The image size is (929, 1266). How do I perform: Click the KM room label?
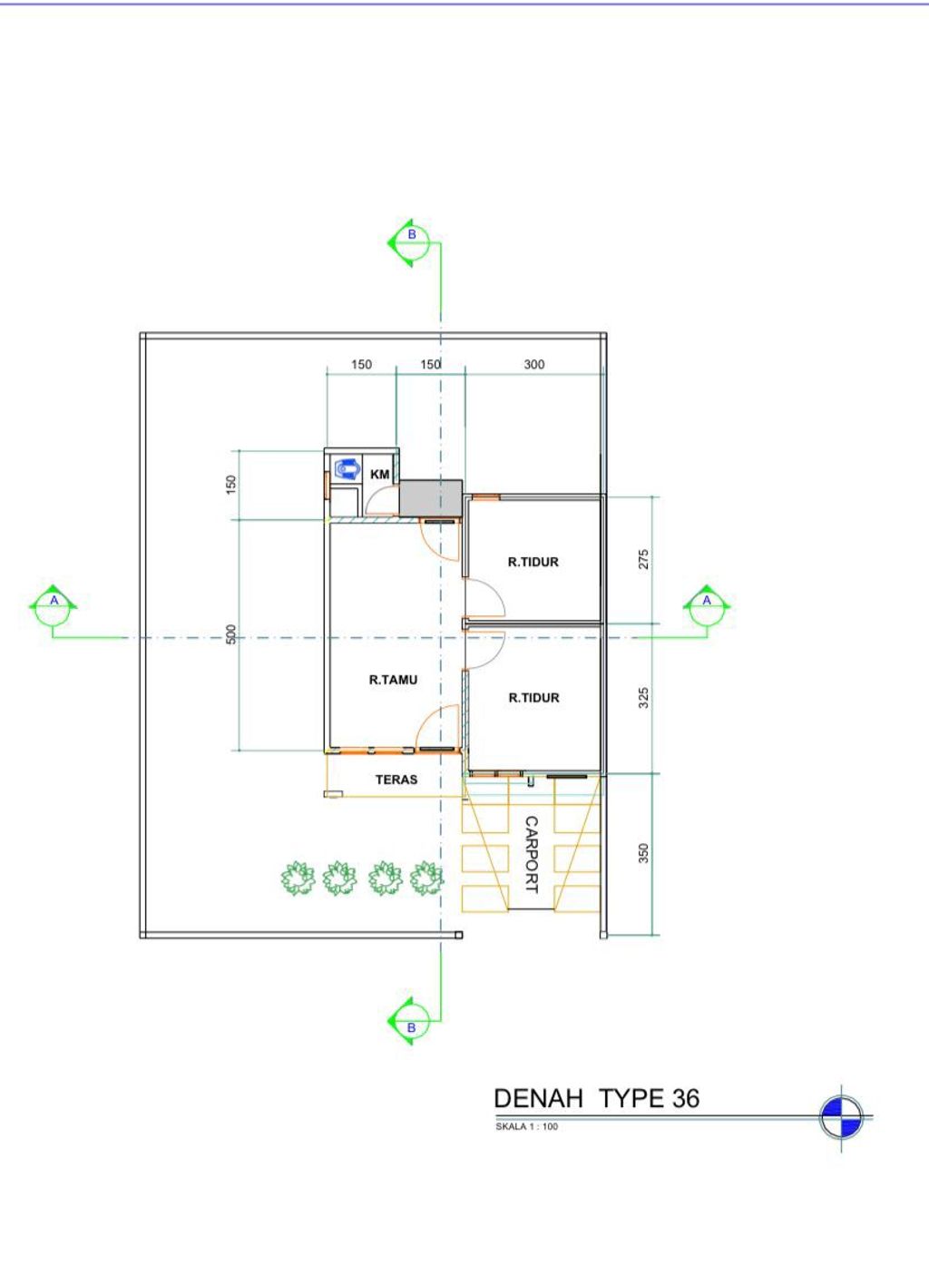click(380, 475)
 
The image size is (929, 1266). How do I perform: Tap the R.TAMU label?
click(394, 680)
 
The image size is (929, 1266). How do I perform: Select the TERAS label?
click(396, 780)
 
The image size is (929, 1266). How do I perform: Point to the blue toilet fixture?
click(347, 469)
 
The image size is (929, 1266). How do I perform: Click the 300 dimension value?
click(534, 365)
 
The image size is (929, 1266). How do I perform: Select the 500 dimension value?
click(231, 634)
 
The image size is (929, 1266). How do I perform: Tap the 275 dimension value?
click(643, 560)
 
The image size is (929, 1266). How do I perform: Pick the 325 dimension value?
click(643, 698)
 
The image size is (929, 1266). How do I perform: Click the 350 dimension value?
click(643, 853)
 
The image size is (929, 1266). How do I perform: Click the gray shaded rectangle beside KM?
click(431, 498)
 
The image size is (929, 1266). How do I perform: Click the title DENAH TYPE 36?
click(597, 1098)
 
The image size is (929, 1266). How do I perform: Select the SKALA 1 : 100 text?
click(527, 1126)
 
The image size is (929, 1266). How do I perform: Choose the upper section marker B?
click(411, 243)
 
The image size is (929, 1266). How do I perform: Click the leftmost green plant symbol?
click(298, 878)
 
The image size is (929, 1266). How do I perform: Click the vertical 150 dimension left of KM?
click(231, 485)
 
